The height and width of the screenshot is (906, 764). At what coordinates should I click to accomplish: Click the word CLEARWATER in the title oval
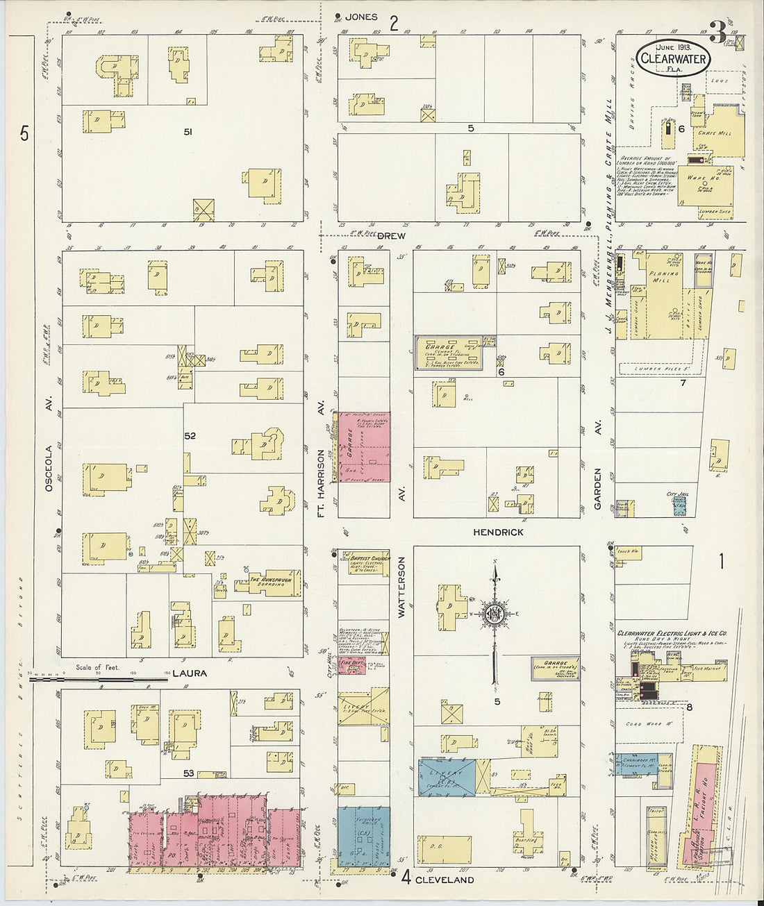pyautogui.click(x=672, y=59)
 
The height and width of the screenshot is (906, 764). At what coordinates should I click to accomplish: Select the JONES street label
pyautogui.click(x=362, y=17)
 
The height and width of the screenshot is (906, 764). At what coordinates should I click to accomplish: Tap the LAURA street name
pyautogui.click(x=191, y=673)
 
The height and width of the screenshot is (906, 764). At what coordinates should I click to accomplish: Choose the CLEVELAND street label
pyautogui.click(x=445, y=880)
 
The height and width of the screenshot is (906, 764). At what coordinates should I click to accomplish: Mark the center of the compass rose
pyautogui.click(x=494, y=614)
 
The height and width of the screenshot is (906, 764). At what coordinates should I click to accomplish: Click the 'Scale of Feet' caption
pyautogui.click(x=97, y=667)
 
